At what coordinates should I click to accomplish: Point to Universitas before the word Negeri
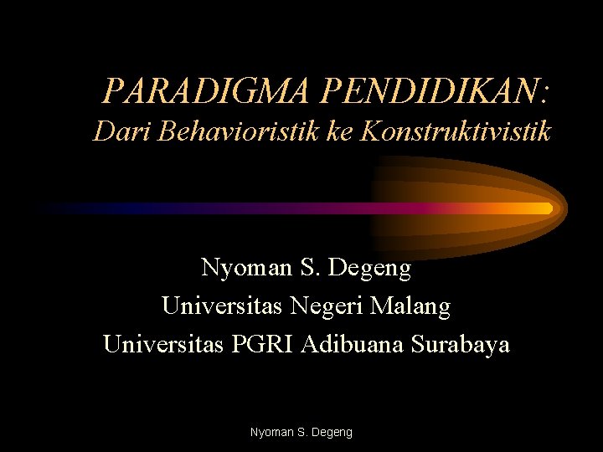coord(222,307)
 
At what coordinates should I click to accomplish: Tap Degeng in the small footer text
coord(333,433)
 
